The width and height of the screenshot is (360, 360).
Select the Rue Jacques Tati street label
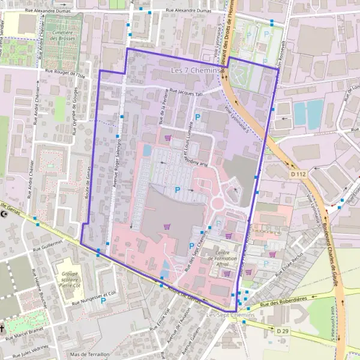coord(188,92)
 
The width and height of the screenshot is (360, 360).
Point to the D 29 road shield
coord(283,331)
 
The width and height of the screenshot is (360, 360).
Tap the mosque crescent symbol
coord(6,214)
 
